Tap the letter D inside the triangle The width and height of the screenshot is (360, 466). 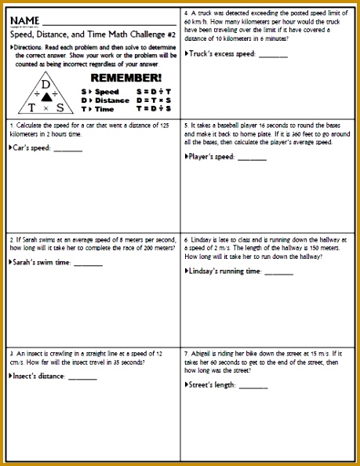tap(45, 84)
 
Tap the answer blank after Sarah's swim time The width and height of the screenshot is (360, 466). tap(88, 263)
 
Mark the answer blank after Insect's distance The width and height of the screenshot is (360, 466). tap(82, 377)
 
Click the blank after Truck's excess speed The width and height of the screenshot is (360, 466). tap(273, 55)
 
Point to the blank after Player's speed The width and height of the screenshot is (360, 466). tap(252, 157)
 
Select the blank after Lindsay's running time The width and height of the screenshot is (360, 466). tap(278, 271)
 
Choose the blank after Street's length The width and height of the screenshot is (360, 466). tap(253, 385)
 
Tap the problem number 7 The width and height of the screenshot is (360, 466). tap(186, 354)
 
